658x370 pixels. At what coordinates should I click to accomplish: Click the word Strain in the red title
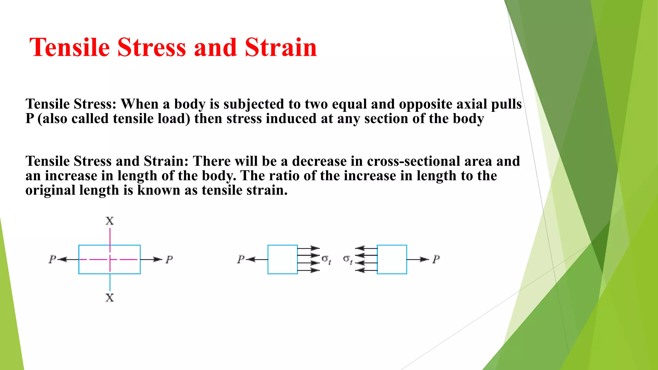tap(280, 48)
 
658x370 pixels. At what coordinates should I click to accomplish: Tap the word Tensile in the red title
tap(70, 48)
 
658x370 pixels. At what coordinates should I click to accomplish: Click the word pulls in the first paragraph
tap(506, 104)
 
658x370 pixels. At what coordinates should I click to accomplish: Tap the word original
tap(50, 190)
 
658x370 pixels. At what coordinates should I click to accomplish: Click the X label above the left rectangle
tap(110, 221)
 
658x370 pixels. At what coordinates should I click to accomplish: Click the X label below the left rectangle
tap(110, 298)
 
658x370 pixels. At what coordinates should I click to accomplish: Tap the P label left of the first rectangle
tap(52, 259)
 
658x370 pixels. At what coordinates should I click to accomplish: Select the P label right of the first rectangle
tap(169, 259)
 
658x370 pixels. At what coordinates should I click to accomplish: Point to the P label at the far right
tap(436, 259)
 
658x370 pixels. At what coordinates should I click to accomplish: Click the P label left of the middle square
tap(241, 259)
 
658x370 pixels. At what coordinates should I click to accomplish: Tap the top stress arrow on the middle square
tap(308, 248)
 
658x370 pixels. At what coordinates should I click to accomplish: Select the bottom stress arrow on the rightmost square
tap(366, 270)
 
